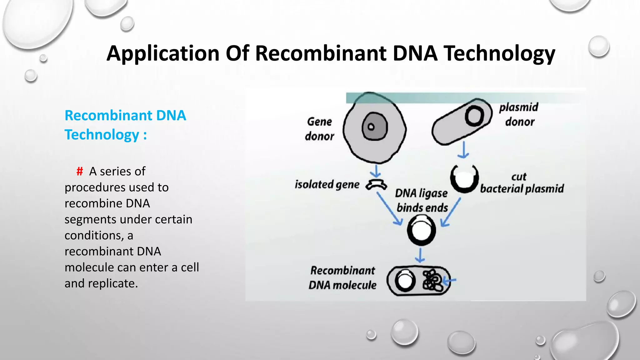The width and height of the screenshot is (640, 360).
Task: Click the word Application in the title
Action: (163, 53)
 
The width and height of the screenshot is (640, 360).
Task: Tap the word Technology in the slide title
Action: (499, 53)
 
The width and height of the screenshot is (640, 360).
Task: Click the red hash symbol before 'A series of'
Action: (80, 171)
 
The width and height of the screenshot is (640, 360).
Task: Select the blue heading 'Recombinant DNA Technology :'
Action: (125, 125)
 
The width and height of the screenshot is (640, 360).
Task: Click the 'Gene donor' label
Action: (319, 129)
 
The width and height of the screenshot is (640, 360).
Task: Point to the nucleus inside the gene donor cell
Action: (374, 127)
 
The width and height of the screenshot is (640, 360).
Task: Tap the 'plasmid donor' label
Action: (519, 114)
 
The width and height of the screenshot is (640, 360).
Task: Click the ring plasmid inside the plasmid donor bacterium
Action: (474, 116)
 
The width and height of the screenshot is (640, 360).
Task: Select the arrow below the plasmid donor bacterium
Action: (463, 150)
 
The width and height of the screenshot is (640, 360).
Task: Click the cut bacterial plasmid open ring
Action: (464, 179)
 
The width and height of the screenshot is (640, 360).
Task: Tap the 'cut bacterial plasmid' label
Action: (522, 183)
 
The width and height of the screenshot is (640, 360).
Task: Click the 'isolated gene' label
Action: (327, 184)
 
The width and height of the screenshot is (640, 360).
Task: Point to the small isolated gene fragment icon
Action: (376, 185)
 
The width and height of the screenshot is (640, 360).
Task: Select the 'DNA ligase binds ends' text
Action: (422, 200)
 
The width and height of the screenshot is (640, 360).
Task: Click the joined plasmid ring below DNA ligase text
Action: (421, 230)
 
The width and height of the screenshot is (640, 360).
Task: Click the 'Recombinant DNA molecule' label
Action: (342, 278)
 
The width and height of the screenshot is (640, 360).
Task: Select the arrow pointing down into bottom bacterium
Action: (420, 255)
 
